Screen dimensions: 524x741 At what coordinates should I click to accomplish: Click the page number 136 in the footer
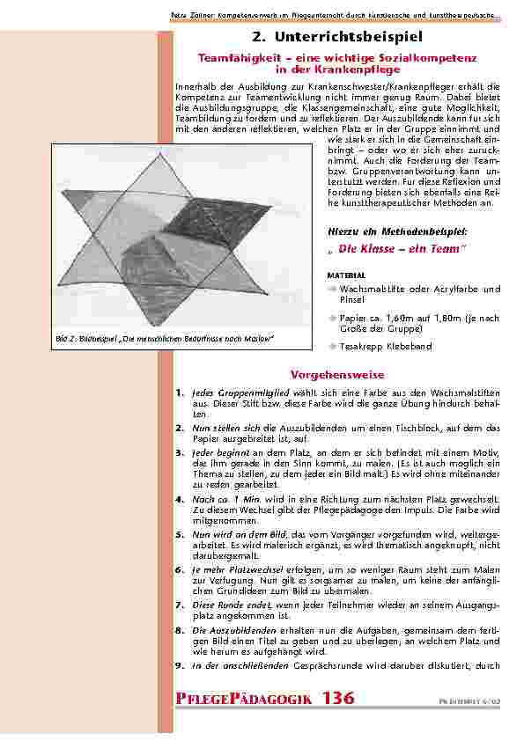tap(338, 699)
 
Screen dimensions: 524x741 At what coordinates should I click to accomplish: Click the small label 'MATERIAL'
tap(346, 275)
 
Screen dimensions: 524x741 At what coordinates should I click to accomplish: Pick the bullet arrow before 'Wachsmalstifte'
tap(332, 289)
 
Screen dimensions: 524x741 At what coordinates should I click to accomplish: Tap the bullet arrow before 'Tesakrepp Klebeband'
tap(332, 347)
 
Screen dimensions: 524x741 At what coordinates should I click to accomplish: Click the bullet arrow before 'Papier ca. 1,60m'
tap(332, 318)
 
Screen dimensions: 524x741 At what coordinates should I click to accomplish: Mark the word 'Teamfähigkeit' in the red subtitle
tap(235, 57)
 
